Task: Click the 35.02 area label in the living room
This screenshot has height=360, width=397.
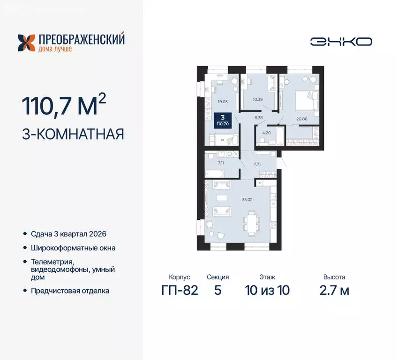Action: tap(247, 199)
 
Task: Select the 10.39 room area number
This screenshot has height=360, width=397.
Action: tap(258, 99)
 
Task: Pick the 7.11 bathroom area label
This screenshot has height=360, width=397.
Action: tap(221, 163)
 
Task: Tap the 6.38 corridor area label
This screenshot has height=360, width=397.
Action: tap(258, 118)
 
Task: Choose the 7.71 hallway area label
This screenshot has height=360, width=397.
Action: tap(257, 164)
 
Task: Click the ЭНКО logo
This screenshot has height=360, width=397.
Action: tap(341, 41)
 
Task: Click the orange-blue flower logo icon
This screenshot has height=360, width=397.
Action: tap(27, 42)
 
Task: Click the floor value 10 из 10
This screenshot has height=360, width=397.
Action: tap(267, 290)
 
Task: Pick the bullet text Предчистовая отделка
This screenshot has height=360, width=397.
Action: tap(70, 291)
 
